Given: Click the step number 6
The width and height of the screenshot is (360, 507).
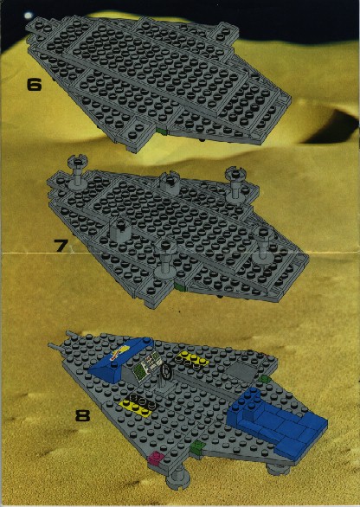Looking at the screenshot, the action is [x=34, y=85].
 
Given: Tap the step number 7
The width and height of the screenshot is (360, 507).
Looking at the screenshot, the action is [x=61, y=246].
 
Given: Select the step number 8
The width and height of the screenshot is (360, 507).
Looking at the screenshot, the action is [x=82, y=415].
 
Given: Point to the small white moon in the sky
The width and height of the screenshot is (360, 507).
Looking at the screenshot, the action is [x=29, y=16].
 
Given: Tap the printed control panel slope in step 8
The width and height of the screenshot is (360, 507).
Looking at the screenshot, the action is [x=147, y=365].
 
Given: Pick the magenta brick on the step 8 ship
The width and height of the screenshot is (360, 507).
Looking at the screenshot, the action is [x=156, y=458].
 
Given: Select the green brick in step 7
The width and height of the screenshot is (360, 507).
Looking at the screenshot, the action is [x=179, y=286].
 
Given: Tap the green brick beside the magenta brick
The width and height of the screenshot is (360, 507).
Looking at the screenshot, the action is [x=196, y=447].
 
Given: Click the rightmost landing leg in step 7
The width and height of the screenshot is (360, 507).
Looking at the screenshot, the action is [x=264, y=244].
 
